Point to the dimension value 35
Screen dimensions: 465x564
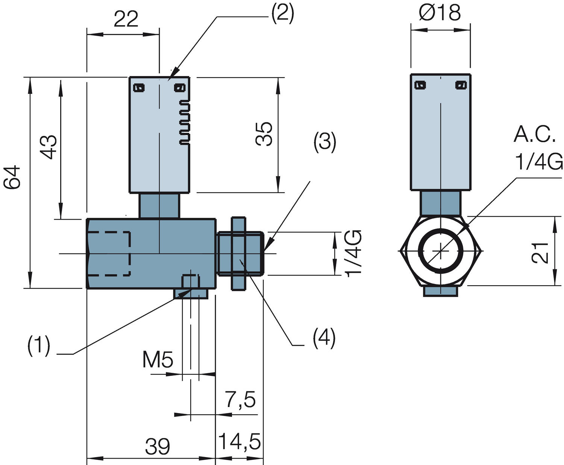coord(264,134)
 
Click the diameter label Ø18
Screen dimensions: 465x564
coord(440,13)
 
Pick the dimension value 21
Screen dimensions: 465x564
coord(540,252)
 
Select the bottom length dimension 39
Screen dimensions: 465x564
coord(158,447)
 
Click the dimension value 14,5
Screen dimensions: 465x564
coord(239,441)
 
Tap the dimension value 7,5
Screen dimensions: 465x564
coord(240,400)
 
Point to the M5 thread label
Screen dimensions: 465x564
coord(158,360)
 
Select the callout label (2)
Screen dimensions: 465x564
coord(283,14)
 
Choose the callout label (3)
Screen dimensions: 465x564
coord(324,143)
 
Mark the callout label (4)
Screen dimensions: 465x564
coord(324,337)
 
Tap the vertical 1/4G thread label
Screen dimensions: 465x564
coord(353,253)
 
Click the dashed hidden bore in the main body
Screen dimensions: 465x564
coord(109,254)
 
